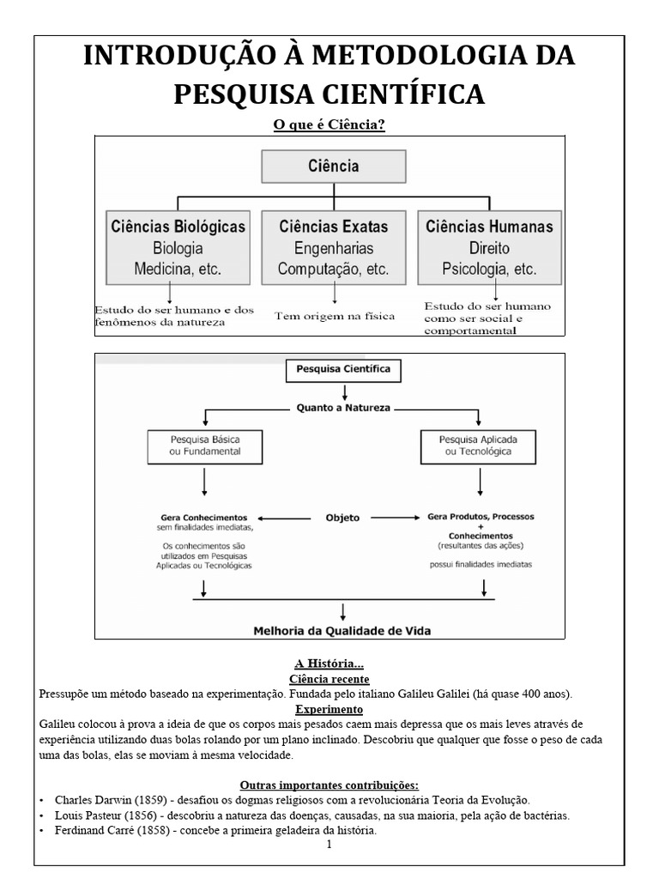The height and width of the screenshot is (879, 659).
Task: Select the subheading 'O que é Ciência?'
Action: coord(329,125)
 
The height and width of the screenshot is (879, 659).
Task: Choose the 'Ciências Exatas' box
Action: coord(334,247)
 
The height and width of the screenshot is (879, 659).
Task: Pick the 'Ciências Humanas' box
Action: coord(489,247)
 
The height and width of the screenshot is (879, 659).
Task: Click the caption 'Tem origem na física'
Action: coord(335,316)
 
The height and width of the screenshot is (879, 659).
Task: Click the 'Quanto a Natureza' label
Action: coord(343,409)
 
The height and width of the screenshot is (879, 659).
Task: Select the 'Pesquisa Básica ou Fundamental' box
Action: coord(204,445)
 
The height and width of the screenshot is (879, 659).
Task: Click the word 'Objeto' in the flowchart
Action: coord(342,518)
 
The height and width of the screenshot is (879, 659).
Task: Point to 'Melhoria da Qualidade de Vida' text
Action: coord(342,630)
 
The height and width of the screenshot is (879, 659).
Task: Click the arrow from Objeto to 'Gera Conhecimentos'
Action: coord(285,518)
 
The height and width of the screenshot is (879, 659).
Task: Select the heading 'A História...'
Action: coord(329,664)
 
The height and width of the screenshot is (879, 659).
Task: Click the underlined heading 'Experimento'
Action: coord(329,709)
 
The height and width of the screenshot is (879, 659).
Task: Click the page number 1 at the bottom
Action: coord(329,845)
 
